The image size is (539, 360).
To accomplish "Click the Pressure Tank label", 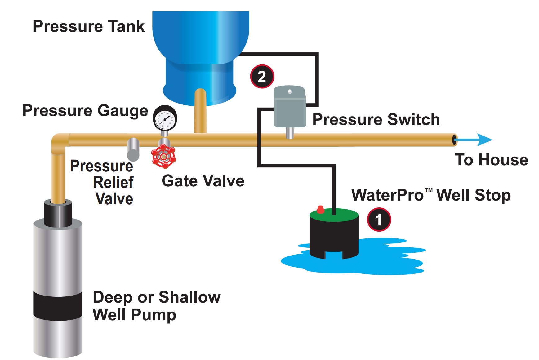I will click(89, 26).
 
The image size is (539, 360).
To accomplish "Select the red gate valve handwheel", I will click(163, 156).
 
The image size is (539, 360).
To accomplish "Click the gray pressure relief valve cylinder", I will click(133, 149).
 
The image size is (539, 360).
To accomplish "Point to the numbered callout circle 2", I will click(262, 77).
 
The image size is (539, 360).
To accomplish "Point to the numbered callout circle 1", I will click(379, 220).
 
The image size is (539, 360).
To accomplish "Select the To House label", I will click(491, 160).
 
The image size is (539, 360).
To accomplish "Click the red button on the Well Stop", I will click(321, 210).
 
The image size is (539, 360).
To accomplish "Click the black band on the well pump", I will click(58, 305).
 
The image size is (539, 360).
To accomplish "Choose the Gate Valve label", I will click(203, 181).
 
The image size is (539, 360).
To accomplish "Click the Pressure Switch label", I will click(376, 120).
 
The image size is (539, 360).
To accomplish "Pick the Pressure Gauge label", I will click(85, 111).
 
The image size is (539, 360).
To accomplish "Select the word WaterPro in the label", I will click(387, 195).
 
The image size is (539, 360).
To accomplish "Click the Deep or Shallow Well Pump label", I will click(157, 306).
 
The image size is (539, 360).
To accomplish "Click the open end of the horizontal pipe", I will click(455, 140).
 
